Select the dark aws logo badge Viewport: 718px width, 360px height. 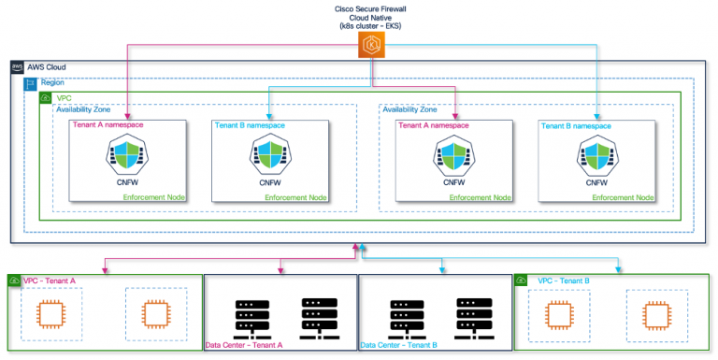tap(17, 67)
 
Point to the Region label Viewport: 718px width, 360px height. tap(53, 82)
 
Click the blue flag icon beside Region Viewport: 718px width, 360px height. tap(31, 83)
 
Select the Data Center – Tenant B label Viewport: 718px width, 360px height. tap(399, 345)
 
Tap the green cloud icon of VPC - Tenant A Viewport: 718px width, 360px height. tap(15, 281)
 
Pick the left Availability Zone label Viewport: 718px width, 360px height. tap(87, 110)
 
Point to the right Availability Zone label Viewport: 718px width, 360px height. tap(412, 110)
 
